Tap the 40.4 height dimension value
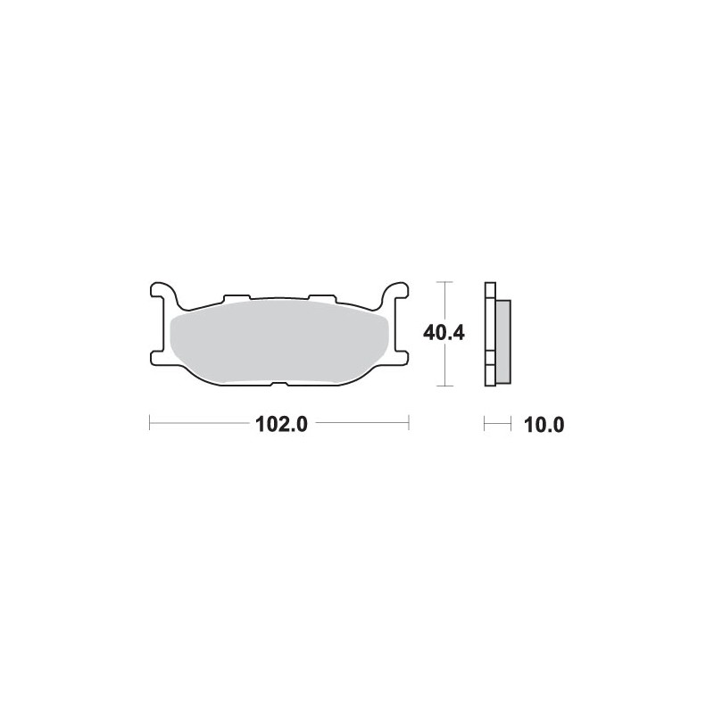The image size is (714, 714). point(444,334)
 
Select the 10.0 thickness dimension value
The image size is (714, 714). point(544,425)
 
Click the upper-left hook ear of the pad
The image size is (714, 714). point(162,292)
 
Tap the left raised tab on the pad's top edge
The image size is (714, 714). point(235,297)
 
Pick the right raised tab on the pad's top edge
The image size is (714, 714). point(320,297)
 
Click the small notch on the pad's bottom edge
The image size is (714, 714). point(278,385)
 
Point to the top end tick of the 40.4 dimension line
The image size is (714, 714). point(444,282)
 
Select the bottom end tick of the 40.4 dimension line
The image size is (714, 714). point(444,387)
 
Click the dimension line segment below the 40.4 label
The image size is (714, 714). point(444,368)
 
